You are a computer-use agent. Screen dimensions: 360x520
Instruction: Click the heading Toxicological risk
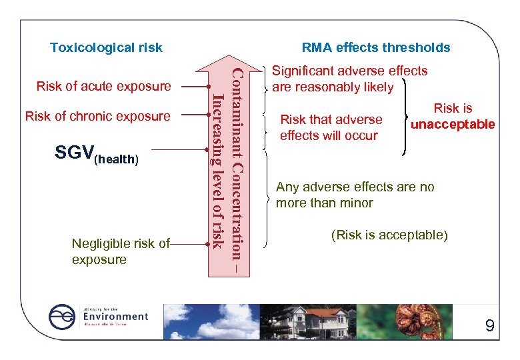click(x=106, y=47)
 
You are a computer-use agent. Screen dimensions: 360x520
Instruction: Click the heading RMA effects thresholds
click(x=375, y=47)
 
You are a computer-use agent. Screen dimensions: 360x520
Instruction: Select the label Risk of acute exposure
click(x=103, y=86)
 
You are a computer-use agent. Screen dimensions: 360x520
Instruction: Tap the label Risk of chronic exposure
click(x=97, y=116)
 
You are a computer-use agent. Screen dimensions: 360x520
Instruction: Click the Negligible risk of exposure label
click(x=121, y=251)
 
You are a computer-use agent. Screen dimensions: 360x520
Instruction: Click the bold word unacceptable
click(x=453, y=125)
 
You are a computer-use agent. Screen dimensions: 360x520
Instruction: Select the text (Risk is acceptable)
click(x=389, y=235)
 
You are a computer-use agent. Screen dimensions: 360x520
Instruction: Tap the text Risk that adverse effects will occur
click(x=331, y=127)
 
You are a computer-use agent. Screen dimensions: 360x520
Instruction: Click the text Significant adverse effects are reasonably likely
click(x=349, y=79)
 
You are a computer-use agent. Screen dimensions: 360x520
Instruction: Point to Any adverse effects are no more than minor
click(x=355, y=195)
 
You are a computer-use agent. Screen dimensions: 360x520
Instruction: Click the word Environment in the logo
click(x=115, y=316)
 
